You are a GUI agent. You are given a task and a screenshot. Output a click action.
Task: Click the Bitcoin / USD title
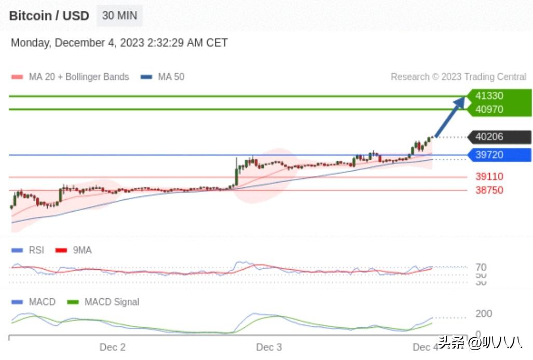click(x=49, y=16)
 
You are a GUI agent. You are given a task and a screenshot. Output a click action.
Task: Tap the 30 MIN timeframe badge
click(x=119, y=16)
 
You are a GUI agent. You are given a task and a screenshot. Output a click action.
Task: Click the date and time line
click(x=119, y=43)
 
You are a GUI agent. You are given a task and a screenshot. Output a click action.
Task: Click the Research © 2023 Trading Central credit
click(x=458, y=77)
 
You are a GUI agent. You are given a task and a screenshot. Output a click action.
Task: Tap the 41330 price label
click(x=489, y=96)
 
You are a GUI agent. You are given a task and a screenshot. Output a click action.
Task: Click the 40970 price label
click(x=489, y=109)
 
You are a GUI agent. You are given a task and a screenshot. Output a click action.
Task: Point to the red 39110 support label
click(x=489, y=177)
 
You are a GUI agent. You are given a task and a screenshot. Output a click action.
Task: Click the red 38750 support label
click(x=489, y=190)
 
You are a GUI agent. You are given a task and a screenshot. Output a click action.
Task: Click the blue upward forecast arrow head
click(x=460, y=101)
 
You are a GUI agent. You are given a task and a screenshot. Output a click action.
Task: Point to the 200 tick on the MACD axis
click(x=484, y=314)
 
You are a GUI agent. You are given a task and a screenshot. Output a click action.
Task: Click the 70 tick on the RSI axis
click(x=481, y=268)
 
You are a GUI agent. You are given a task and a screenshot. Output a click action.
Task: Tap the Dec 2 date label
click(x=112, y=347)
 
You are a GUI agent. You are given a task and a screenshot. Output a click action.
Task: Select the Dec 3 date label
click(x=269, y=347)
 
